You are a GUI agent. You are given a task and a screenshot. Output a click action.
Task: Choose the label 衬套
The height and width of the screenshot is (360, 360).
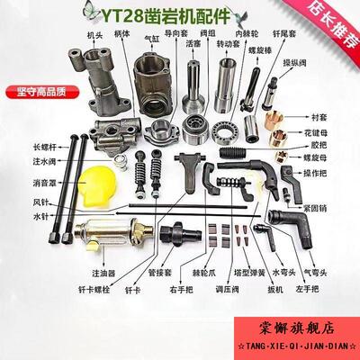point(329,116)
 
